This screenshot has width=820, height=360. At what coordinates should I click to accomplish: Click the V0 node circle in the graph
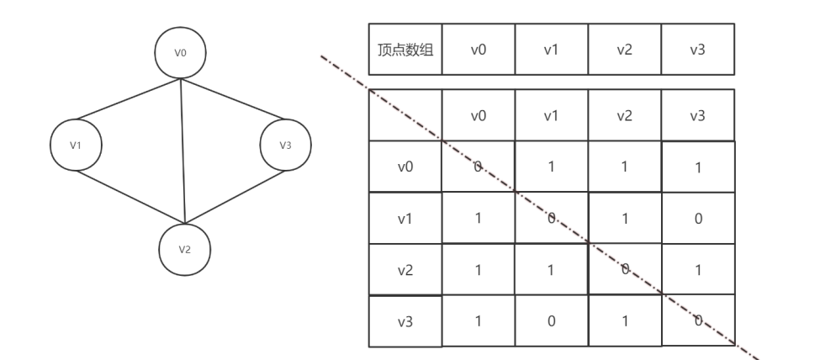[x=181, y=52]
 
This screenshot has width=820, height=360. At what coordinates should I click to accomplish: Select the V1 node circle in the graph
[x=77, y=146]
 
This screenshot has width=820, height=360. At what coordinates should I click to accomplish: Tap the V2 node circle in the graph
[x=184, y=250]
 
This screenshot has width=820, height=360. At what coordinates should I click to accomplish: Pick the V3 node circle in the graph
[x=285, y=146]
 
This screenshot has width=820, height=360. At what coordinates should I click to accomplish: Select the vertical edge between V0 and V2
[x=183, y=151]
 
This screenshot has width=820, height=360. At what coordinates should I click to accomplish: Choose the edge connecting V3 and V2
[x=235, y=195]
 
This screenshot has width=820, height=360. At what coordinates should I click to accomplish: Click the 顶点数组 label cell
[x=406, y=50]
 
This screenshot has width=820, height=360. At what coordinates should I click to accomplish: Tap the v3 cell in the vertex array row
[x=697, y=50]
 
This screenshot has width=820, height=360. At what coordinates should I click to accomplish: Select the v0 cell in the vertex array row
[x=479, y=50]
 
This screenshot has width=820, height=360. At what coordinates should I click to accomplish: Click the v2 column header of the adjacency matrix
[x=624, y=115]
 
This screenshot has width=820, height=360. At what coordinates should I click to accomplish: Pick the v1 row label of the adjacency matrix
[x=406, y=219]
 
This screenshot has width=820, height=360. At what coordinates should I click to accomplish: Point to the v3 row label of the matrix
[x=406, y=320]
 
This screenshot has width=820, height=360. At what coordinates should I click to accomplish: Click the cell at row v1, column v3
[x=697, y=219]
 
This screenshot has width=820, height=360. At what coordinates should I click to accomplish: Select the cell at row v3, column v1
[x=551, y=320]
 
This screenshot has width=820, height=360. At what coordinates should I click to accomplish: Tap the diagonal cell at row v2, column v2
[x=624, y=270]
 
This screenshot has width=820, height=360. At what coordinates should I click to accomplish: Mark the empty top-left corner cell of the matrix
[x=406, y=115]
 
